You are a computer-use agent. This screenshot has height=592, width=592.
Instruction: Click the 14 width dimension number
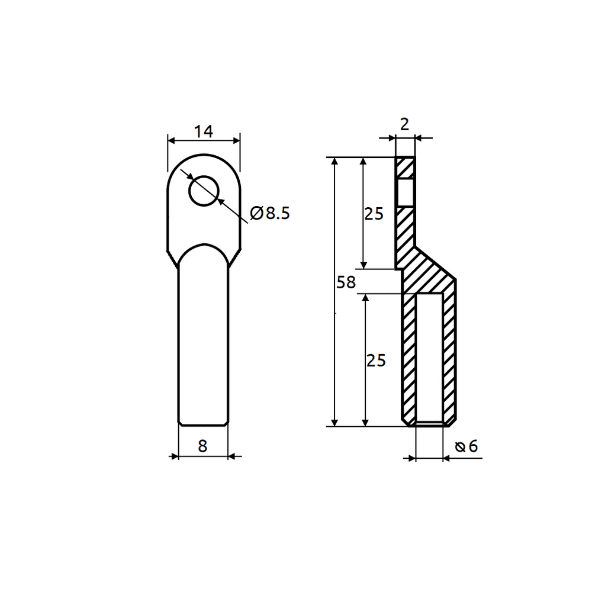(204, 131)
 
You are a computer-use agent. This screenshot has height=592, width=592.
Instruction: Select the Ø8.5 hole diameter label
(270, 213)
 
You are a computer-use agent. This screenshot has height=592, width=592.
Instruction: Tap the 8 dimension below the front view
(202, 446)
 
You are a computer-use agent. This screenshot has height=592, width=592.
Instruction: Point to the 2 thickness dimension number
(405, 124)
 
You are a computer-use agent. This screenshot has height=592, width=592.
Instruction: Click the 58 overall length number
(346, 282)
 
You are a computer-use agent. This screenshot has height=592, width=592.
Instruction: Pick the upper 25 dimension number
(374, 214)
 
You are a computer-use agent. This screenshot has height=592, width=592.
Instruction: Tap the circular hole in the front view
(204, 191)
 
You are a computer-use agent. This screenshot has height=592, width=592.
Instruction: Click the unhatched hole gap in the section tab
(406, 192)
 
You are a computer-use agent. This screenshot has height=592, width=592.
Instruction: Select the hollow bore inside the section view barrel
(429, 358)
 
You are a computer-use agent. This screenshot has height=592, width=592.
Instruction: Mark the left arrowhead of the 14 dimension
(173, 140)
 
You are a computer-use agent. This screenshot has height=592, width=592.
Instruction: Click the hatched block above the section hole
(406, 168)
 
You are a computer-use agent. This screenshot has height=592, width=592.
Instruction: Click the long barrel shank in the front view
(202, 343)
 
